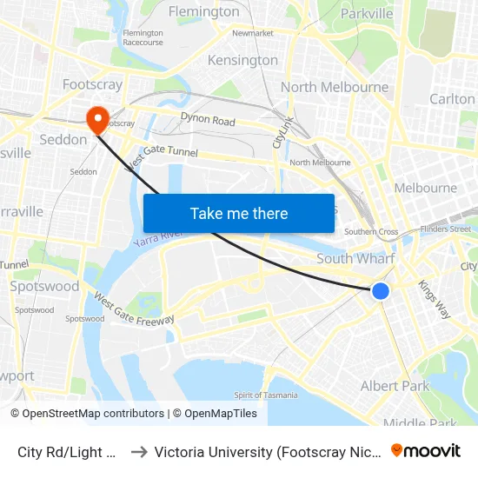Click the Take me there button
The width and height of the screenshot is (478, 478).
click(x=239, y=213)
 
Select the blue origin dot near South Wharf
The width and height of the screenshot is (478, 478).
click(x=381, y=291)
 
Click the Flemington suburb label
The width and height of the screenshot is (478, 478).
click(x=203, y=12)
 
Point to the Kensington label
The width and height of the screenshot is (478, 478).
click(x=242, y=61)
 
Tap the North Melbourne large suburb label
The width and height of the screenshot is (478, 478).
click(x=335, y=87)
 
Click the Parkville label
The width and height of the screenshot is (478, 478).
click(x=367, y=14)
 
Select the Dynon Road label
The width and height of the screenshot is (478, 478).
click(x=208, y=120)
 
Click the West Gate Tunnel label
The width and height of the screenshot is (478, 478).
click(x=163, y=156)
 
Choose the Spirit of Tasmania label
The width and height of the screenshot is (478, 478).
click(x=266, y=395)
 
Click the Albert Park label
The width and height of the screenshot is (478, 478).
click(x=395, y=386)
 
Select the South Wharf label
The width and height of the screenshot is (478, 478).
click(x=355, y=258)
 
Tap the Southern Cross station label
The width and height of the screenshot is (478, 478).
click(x=371, y=232)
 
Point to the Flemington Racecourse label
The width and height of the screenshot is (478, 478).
click(x=143, y=37)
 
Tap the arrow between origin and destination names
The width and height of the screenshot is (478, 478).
click(x=137, y=452)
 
